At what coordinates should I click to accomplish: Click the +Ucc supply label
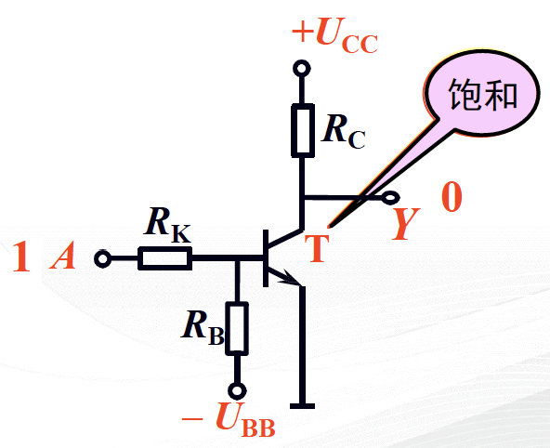pos(334,35)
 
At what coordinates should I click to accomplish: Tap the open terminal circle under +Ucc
pos(302,68)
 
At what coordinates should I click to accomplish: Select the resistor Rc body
pos(303,130)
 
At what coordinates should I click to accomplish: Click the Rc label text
pos(344,133)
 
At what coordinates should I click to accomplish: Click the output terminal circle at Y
pos(390,198)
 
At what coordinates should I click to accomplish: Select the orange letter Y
pos(406,223)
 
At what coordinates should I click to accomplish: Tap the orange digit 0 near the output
pos(452,197)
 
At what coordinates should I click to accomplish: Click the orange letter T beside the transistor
pos(317,248)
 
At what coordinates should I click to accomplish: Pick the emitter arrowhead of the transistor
pos(291,277)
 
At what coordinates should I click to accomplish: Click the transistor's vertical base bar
pos(266,257)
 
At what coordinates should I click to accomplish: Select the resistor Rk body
pos(164,258)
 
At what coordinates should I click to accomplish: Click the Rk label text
pos(167,225)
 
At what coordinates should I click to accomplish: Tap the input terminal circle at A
pos(102,259)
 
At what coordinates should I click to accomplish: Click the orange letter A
pos(63,255)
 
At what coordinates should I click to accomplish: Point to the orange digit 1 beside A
pos(21,256)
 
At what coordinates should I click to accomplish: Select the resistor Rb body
pos(237,328)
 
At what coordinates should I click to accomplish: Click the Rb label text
pos(203,327)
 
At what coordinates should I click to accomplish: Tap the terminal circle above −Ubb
pos(237,390)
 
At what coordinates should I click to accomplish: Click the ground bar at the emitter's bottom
pos(302,406)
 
